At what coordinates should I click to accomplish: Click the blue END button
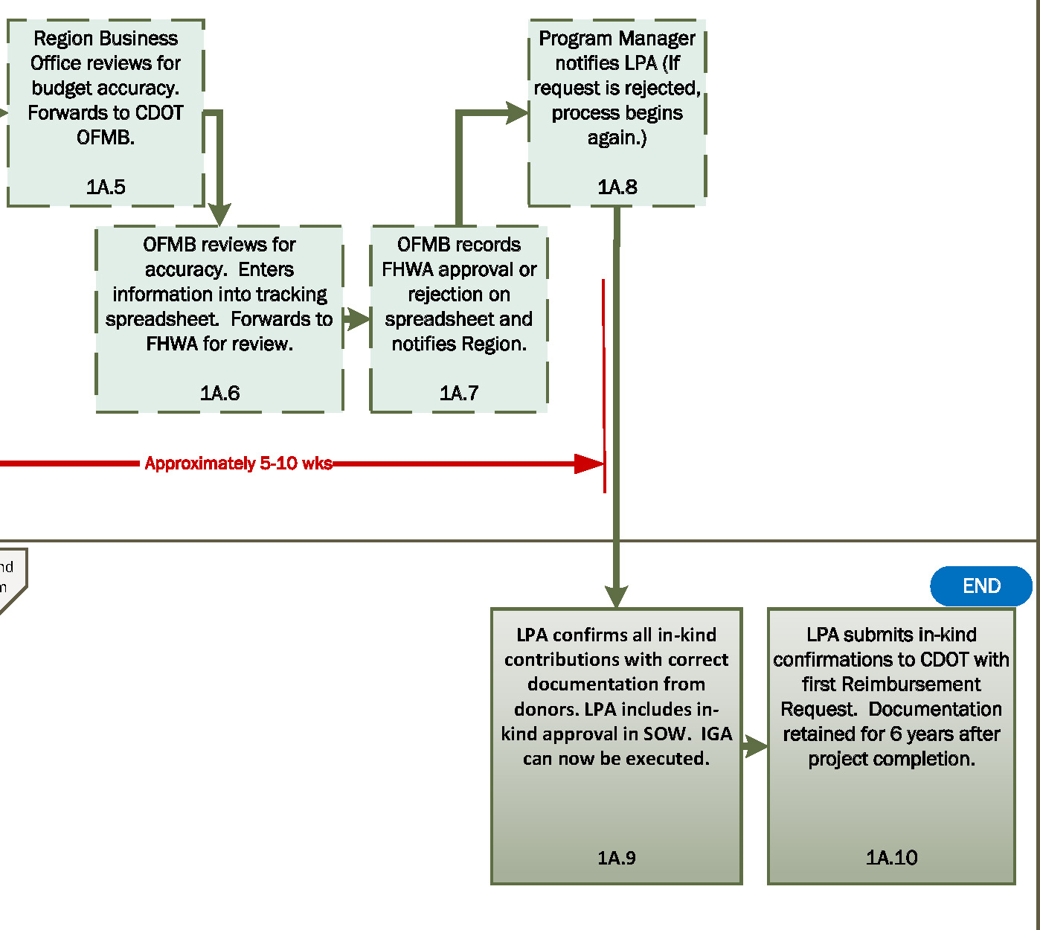point(980,586)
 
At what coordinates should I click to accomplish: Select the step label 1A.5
point(106,187)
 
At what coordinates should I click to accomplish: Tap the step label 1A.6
point(219,393)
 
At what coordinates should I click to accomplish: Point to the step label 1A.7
point(459,393)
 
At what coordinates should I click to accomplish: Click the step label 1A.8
point(617,187)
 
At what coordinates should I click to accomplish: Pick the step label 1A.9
point(616,858)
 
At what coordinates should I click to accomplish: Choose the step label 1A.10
point(891,858)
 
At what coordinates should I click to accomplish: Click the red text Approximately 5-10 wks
point(238,464)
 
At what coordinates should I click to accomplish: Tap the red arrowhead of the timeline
point(589,464)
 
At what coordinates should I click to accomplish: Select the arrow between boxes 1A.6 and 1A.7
point(357,319)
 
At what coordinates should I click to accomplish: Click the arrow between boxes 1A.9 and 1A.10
point(755,746)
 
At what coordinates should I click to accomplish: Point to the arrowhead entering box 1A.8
point(517,113)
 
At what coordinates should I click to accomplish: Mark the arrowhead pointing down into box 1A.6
point(219,214)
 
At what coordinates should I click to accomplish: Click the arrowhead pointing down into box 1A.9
point(616,597)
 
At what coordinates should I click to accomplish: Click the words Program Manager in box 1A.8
point(617,39)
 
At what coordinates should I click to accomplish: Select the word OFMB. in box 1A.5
point(106,138)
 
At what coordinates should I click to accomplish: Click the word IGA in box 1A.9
point(716,734)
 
